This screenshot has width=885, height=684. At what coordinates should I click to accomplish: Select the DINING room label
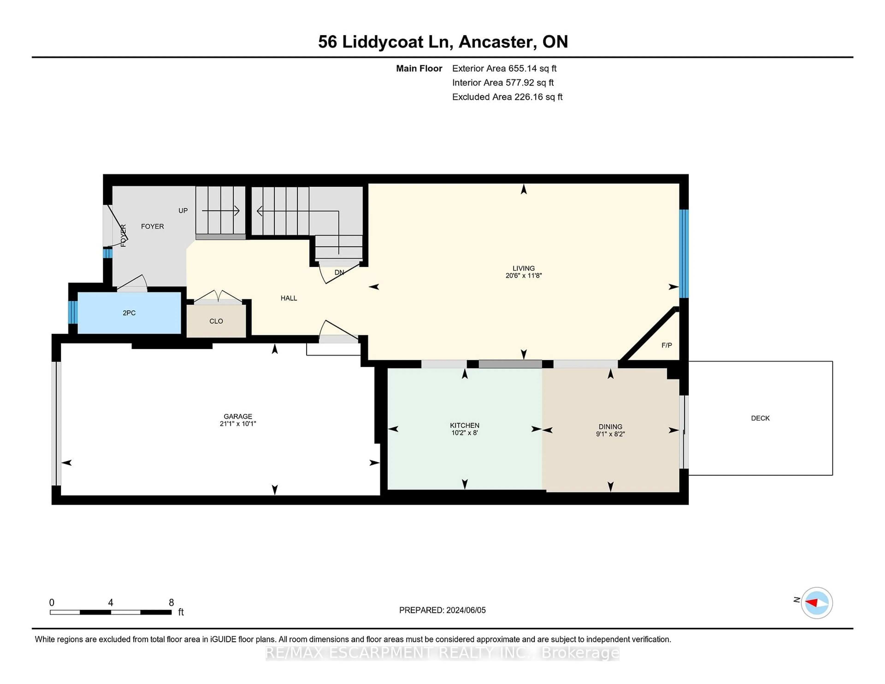pyautogui.click(x=610, y=427)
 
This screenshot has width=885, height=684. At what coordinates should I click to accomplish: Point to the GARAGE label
pyautogui.click(x=238, y=417)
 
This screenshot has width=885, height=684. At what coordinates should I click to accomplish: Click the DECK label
pyautogui.click(x=760, y=418)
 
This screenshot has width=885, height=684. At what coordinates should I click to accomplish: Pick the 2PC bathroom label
pyautogui.click(x=129, y=313)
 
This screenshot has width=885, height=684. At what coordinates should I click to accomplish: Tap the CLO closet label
pyautogui.click(x=216, y=321)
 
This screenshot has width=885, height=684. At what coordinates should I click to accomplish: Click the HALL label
pyautogui.click(x=289, y=298)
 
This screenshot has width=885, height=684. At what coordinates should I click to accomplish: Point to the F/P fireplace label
pyautogui.click(x=667, y=345)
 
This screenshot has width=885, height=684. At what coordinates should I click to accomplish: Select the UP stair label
pyautogui.click(x=183, y=211)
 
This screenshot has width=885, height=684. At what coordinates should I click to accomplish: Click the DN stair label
pyautogui.click(x=339, y=273)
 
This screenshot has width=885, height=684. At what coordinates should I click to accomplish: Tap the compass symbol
pyautogui.click(x=817, y=603)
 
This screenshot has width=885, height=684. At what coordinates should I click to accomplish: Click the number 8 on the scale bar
pyautogui.click(x=171, y=603)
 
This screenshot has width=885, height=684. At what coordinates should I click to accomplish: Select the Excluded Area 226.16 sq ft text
pyautogui.click(x=507, y=97)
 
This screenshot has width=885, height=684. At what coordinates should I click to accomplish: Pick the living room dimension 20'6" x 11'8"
pyautogui.click(x=524, y=276)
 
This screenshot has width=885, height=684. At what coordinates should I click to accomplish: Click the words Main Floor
pyautogui.click(x=419, y=68)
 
